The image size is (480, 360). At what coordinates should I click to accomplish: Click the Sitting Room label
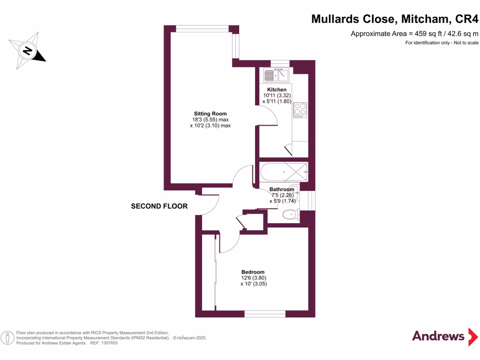210,113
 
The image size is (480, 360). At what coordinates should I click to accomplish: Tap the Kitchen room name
277,90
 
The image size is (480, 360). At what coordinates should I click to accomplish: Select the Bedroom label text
253,272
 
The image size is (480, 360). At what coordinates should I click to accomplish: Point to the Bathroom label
282,189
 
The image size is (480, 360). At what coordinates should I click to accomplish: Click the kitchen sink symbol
277,75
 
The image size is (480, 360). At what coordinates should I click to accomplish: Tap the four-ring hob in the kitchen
300,109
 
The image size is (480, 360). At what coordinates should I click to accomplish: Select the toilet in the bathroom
291,215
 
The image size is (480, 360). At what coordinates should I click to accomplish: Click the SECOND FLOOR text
159,206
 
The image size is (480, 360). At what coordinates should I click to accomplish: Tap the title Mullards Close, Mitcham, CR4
395,19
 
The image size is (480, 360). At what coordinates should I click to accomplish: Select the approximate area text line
415,33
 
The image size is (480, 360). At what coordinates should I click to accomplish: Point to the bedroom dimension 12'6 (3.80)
253,277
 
